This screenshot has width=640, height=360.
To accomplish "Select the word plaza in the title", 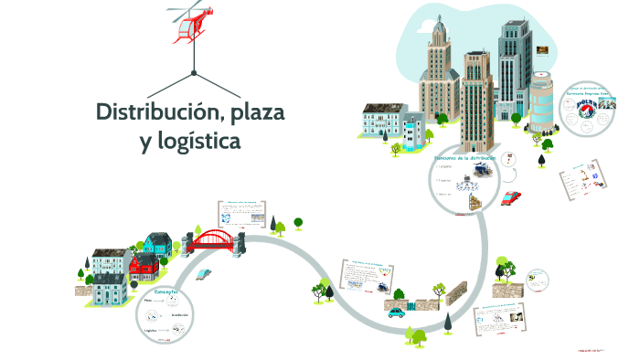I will [257, 115].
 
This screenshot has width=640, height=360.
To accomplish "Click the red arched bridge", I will [216, 239].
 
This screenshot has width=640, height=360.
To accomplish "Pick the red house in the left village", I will [144, 266].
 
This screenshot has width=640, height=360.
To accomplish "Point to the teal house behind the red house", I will [156, 244].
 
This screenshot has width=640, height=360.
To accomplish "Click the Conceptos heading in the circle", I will [166, 291].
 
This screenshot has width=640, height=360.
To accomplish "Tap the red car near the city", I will [512, 196].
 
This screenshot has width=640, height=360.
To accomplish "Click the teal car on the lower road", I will [396, 312].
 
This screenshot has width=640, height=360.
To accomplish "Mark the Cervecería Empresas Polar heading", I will [588, 92].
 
